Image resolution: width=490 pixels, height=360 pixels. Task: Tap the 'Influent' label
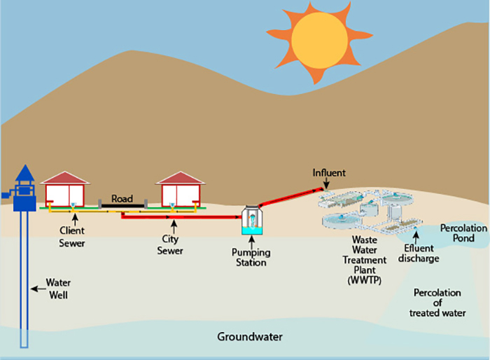(329, 172)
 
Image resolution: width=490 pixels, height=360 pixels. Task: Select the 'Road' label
(122, 198)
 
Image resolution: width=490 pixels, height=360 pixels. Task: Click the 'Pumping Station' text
(251, 257)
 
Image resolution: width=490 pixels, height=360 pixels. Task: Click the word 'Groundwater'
(250, 337)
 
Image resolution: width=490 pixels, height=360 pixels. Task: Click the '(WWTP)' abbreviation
(364, 280)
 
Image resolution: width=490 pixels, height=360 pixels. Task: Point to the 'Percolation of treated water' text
(437, 302)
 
